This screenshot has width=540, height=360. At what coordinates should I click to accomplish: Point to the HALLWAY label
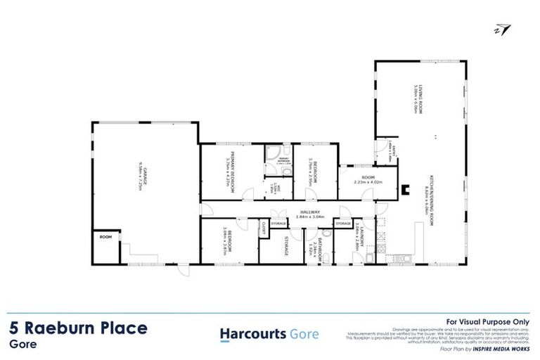tap(310, 212)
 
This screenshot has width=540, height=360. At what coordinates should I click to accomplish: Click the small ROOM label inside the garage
tap(105, 237)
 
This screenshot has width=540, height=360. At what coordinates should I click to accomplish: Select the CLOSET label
tap(264, 227)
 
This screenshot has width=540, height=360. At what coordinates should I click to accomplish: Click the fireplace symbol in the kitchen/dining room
tap(404, 188)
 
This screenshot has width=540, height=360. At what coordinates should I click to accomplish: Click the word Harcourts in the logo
tap(252, 334)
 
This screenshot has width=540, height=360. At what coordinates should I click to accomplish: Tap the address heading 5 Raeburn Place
tap(79, 328)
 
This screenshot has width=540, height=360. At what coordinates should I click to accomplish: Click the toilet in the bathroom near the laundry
tap(328, 259)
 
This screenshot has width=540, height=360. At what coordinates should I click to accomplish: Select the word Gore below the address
tap(22, 345)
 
